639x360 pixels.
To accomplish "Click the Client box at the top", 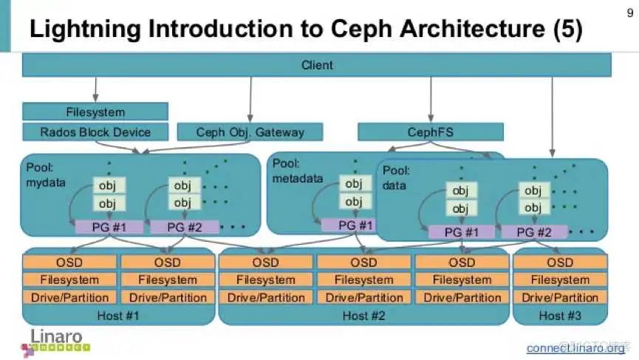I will coord(317,65).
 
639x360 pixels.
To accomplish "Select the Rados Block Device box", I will coord(95,132).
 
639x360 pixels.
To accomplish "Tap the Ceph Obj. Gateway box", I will coord(250,132).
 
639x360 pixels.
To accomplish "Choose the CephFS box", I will coord(431,132).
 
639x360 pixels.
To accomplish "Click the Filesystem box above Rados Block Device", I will coord(95,112).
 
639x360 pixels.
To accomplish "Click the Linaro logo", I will coord(59,340).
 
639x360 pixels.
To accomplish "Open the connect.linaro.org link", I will coord(575,347).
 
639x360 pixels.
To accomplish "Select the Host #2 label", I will coord(363,316).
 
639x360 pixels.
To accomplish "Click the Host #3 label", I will coord(560,316).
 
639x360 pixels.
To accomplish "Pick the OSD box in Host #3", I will coord(560,262).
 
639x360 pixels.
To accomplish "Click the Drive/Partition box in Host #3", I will coord(560,298).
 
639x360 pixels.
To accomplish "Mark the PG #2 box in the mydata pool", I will coord(184,227).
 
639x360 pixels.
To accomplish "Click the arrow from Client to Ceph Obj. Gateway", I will coord(250,100).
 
